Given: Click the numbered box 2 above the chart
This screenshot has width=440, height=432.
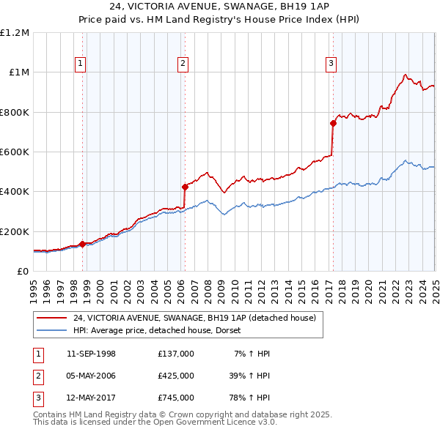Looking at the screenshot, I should [182, 64].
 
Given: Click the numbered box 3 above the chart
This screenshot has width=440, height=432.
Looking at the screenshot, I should [331, 64].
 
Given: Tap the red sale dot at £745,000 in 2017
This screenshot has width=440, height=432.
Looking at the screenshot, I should [333, 123].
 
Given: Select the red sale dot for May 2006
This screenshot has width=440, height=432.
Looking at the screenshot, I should [185, 187].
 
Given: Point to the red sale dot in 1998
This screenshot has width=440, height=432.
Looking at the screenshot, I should [82, 244].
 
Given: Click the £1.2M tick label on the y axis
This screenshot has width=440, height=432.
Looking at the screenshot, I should [15, 33].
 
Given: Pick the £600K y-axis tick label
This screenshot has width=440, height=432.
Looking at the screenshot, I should [15, 152].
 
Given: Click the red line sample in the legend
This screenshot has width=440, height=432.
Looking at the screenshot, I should [51, 318].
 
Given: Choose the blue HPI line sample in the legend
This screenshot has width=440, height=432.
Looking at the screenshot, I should [51, 330].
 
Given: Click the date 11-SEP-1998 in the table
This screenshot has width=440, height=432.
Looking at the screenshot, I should [91, 354].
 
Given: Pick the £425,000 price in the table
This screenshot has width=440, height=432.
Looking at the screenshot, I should [175, 376].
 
